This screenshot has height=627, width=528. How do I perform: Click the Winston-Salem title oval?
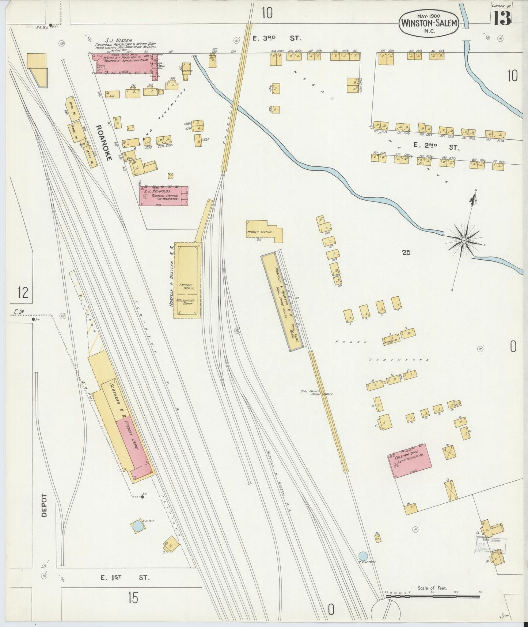pos(429,22)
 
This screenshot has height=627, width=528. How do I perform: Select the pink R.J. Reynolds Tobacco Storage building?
pos(164,196)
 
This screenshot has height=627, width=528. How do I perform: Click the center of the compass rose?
pos(464,240)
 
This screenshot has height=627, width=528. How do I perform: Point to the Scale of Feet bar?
pos(432,596)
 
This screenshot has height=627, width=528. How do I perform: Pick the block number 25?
pos(406,252)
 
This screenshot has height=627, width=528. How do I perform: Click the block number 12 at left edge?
pos(23,292)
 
